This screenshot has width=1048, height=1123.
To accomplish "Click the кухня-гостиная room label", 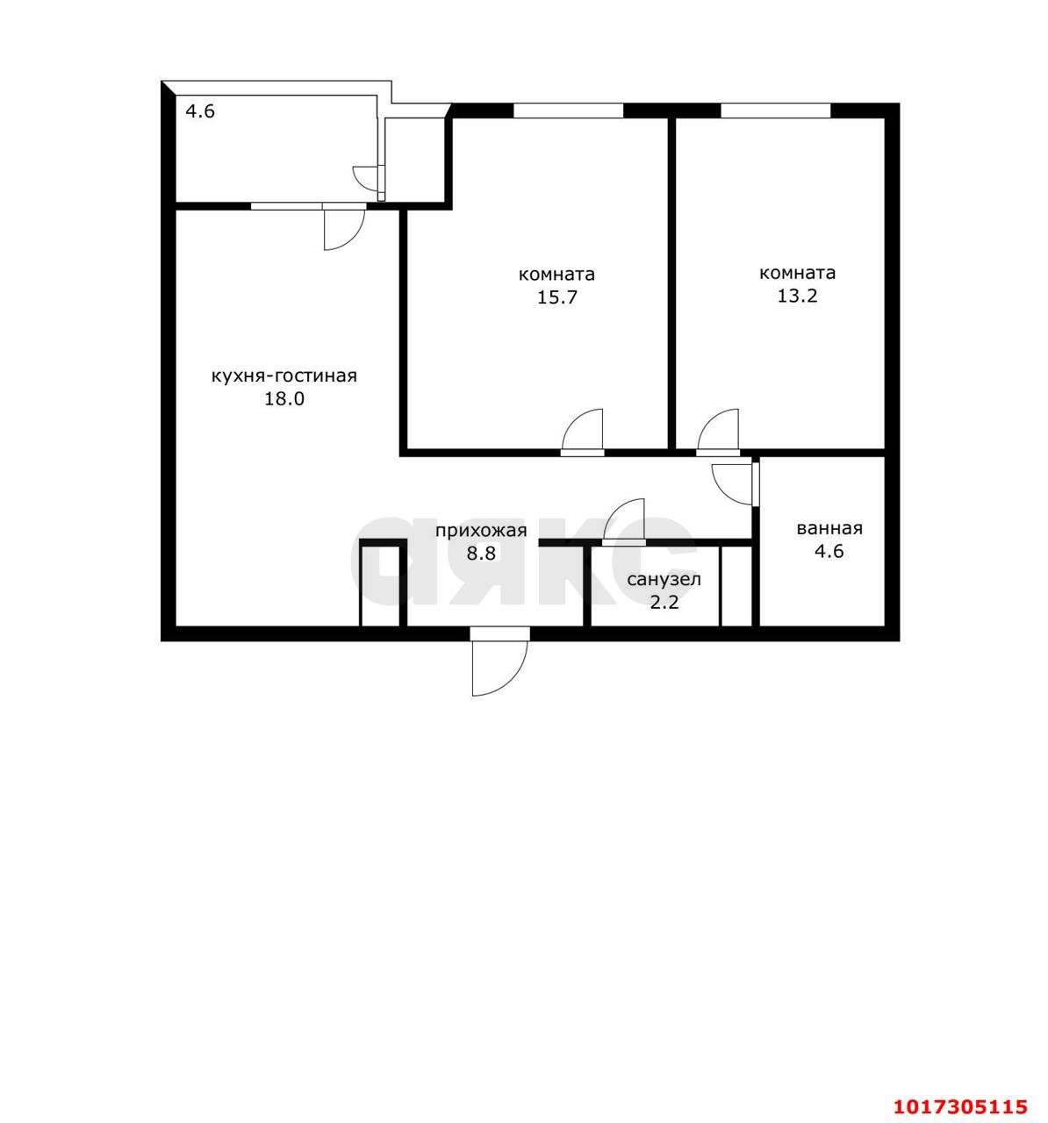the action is click(x=284, y=376).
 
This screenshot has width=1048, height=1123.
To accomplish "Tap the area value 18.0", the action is click(x=284, y=399).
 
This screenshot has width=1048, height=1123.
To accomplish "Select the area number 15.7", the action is click(x=556, y=297).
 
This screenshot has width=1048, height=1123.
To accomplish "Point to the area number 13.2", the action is click(x=797, y=296).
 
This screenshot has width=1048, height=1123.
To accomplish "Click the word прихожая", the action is click(x=481, y=531).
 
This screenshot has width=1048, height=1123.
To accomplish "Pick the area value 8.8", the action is click(x=481, y=553).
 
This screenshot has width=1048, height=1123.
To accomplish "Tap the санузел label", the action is click(x=664, y=580).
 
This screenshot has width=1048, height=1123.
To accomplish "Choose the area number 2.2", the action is click(x=664, y=602).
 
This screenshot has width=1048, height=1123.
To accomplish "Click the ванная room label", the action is click(x=829, y=529).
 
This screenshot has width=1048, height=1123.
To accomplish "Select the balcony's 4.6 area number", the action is click(x=200, y=111).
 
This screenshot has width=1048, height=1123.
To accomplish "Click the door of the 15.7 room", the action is click(x=583, y=433).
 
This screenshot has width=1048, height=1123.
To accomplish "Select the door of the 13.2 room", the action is click(x=718, y=433).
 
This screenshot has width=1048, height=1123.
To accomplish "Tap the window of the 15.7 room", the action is click(x=568, y=111).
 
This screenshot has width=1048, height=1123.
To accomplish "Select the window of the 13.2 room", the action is click(x=775, y=111).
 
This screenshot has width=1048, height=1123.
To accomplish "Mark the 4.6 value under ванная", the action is click(x=829, y=551).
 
